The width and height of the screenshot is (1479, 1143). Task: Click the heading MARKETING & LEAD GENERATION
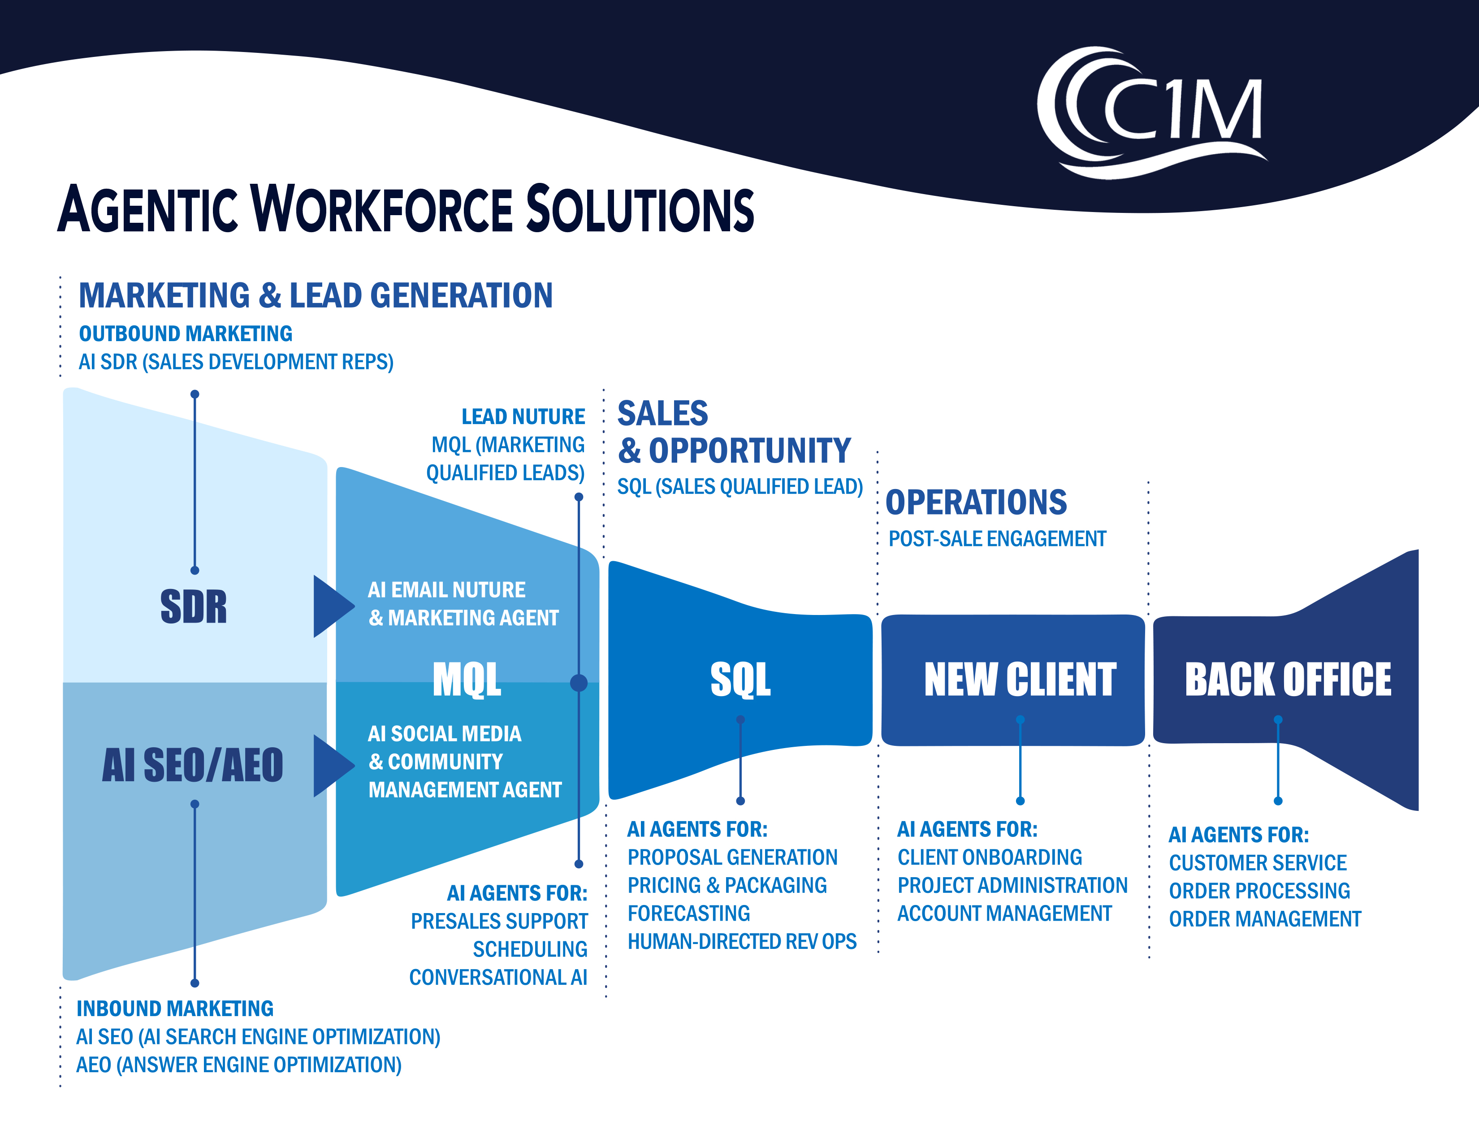click(x=316, y=296)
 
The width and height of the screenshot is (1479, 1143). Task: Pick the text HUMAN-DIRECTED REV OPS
click(x=742, y=941)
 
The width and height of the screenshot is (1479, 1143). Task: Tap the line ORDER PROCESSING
click(x=1259, y=891)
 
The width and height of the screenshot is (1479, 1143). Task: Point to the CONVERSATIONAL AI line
click(x=498, y=977)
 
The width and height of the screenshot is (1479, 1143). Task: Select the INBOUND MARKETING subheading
click(x=175, y=1008)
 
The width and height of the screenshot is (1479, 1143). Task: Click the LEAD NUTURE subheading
click(x=523, y=416)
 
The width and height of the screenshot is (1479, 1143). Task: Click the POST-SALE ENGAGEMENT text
click(x=997, y=539)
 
